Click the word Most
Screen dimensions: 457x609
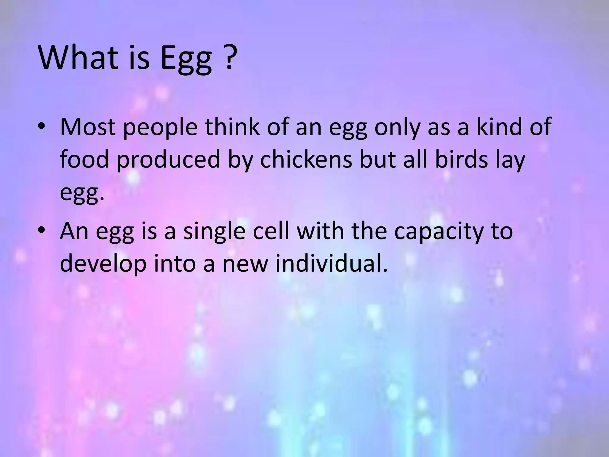coord(87,127)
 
